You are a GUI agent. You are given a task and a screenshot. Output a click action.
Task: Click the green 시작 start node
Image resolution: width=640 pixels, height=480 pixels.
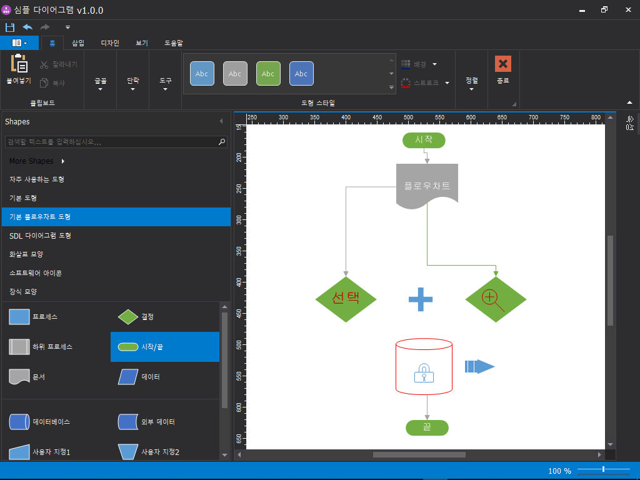click(424, 140)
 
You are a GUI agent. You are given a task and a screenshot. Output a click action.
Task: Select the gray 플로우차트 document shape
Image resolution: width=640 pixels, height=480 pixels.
click(427, 186)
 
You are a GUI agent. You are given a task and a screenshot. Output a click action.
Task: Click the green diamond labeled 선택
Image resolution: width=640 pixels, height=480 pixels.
click(346, 299)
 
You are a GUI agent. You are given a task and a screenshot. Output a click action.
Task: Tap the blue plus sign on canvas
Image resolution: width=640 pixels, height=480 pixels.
click(421, 299)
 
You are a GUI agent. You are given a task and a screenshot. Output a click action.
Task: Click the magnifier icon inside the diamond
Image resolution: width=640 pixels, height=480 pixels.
click(492, 300)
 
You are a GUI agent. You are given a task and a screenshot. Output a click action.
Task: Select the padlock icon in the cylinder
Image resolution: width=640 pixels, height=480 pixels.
click(424, 372)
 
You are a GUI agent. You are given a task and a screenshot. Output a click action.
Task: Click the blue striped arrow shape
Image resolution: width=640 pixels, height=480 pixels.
click(479, 366)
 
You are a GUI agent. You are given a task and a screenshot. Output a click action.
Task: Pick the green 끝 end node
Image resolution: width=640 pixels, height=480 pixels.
click(427, 427)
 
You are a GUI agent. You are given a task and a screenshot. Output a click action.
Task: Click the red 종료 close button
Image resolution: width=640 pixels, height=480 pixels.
click(503, 64)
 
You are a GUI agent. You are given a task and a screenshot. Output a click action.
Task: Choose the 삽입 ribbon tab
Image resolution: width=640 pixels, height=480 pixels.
click(78, 43)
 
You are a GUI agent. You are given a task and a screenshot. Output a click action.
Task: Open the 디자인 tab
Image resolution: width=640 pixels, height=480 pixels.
click(110, 43)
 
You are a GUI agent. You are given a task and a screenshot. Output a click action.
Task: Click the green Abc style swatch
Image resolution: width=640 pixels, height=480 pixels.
click(268, 74)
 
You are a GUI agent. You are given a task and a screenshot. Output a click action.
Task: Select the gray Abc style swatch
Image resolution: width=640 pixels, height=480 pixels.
click(235, 74)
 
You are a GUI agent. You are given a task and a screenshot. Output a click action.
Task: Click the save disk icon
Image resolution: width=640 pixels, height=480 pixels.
click(10, 27)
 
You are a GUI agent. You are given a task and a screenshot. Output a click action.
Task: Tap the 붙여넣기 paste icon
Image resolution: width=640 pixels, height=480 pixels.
click(19, 63)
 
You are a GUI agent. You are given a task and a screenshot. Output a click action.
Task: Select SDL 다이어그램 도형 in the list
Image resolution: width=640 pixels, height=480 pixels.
click(41, 236)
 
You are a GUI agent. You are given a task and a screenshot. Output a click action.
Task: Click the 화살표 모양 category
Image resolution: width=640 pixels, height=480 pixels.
click(26, 254)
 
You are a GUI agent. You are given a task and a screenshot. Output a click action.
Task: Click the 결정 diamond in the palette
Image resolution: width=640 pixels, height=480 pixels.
click(128, 317)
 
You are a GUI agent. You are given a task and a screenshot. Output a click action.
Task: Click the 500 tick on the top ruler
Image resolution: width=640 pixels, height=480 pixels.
click(408, 117)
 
